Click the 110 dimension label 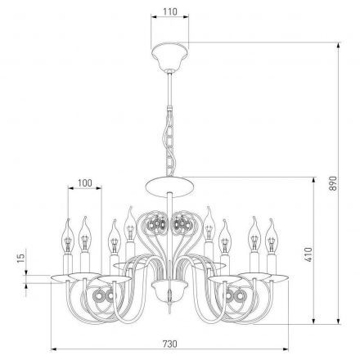click(x=170, y=11)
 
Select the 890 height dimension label click(x=333, y=183)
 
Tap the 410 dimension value click(x=308, y=254)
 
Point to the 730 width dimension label click(x=170, y=344)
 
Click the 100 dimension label click(x=85, y=183)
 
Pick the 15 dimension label click(x=20, y=258)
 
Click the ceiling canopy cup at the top click(x=170, y=57)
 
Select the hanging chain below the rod click(x=170, y=142)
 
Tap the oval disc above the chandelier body click(x=170, y=187)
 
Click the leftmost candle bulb click(x=67, y=236)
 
